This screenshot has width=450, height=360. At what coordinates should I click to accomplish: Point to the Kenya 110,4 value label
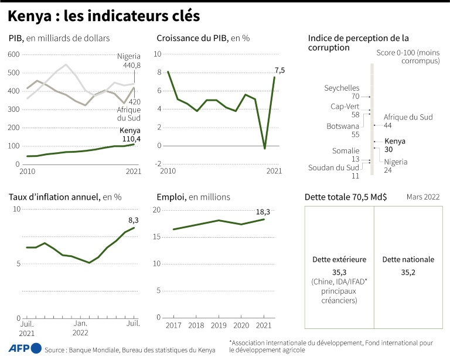click(x=130, y=135)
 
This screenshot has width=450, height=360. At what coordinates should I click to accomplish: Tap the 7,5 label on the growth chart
click(x=279, y=70)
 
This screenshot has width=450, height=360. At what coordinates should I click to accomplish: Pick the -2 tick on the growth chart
click(x=157, y=164)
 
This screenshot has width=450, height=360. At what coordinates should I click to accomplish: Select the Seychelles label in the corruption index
click(x=342, y=92)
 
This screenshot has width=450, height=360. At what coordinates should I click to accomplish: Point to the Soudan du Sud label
click(x=334, y=172)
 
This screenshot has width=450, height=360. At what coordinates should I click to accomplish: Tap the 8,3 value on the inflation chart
click(x=134, y=220)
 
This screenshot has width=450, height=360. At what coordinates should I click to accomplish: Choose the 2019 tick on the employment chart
click(x=219, y=325)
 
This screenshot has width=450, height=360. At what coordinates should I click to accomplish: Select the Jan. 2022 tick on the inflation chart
click(x=80, y=327)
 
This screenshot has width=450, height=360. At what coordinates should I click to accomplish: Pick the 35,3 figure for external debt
click(x=340, y=272)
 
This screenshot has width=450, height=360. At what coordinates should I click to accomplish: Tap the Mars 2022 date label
click(x=423, y=197)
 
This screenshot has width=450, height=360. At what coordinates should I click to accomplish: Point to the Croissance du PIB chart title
click(x=203, y=38)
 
